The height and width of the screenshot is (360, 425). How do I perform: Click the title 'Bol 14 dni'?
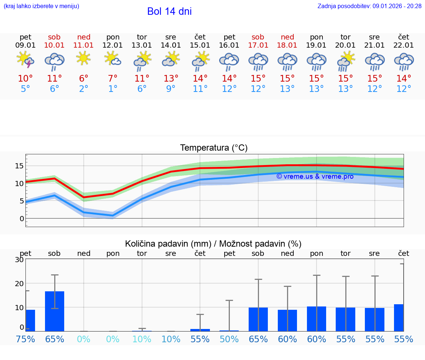[169, 11]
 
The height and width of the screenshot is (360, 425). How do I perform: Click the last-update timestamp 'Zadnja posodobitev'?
[369, 6]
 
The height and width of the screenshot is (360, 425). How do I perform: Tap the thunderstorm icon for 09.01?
[25, 60]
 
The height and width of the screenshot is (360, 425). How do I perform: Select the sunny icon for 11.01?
[84, 58]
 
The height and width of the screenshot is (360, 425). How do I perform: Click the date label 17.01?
[258, 45]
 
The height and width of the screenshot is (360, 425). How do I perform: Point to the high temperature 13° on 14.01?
[171, 79]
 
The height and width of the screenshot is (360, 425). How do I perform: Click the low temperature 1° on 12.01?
[113, 89]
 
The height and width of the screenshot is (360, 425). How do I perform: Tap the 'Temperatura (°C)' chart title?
[214, 148]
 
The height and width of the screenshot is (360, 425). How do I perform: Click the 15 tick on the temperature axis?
[19, 166]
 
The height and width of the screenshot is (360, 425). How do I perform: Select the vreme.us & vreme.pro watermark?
[315, 176]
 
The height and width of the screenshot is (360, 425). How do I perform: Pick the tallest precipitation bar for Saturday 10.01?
[55, 311]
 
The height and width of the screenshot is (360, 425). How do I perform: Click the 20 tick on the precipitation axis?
[19, 284]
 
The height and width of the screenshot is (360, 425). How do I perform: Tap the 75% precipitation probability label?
[25, 339]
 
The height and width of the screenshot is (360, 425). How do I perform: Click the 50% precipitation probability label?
[229, 339]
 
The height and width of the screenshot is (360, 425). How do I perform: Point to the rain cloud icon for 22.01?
[404, 61]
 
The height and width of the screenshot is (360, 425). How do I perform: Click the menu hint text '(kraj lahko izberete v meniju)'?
[41, 6]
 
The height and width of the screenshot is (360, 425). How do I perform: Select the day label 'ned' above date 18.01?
[287, 37]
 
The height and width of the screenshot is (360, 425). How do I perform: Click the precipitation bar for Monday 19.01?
[317, 319]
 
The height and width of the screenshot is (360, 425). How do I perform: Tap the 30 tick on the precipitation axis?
[19, 260]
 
